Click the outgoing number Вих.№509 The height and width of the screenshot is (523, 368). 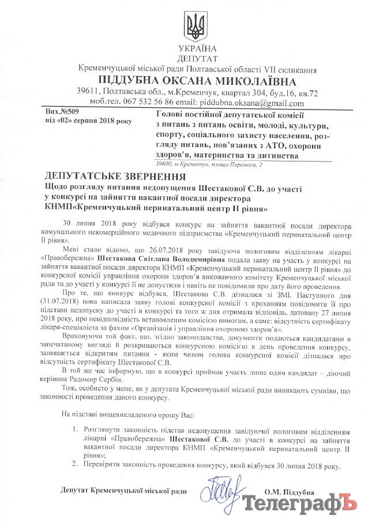point(61,114)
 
